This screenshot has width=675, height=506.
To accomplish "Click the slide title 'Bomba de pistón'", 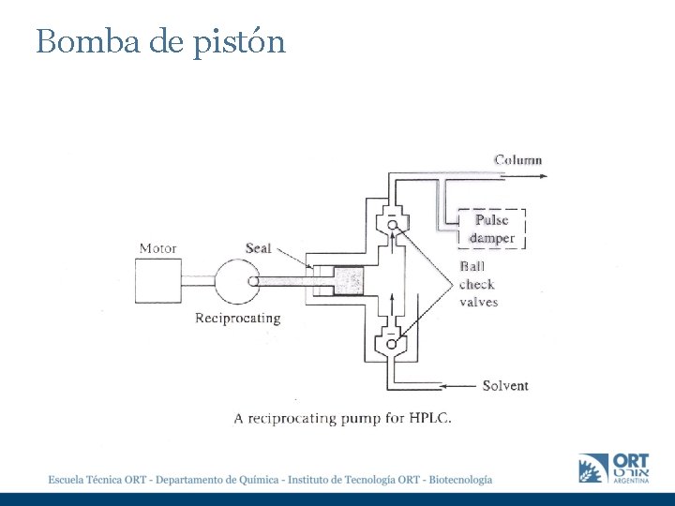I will [x=160, y=42].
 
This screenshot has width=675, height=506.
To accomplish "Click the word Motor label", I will [x=157, y=248].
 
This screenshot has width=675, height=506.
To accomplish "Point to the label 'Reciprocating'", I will [x=237, y=318].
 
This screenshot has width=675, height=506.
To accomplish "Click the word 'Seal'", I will [x=258, y=248].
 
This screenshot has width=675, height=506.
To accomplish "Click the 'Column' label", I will [x=517, y=159].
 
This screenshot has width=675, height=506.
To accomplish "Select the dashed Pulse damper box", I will [x=492, y=229].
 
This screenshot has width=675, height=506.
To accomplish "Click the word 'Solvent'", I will [x=505, y=385].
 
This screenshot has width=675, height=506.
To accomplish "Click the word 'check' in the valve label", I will [x=476, y=284].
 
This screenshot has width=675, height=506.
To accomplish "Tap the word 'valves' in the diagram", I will [x=478, y=302].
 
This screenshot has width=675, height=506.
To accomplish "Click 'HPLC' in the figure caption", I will [x=429, y=418].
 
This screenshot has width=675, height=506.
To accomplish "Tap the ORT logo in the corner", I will [x=614, y=468].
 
